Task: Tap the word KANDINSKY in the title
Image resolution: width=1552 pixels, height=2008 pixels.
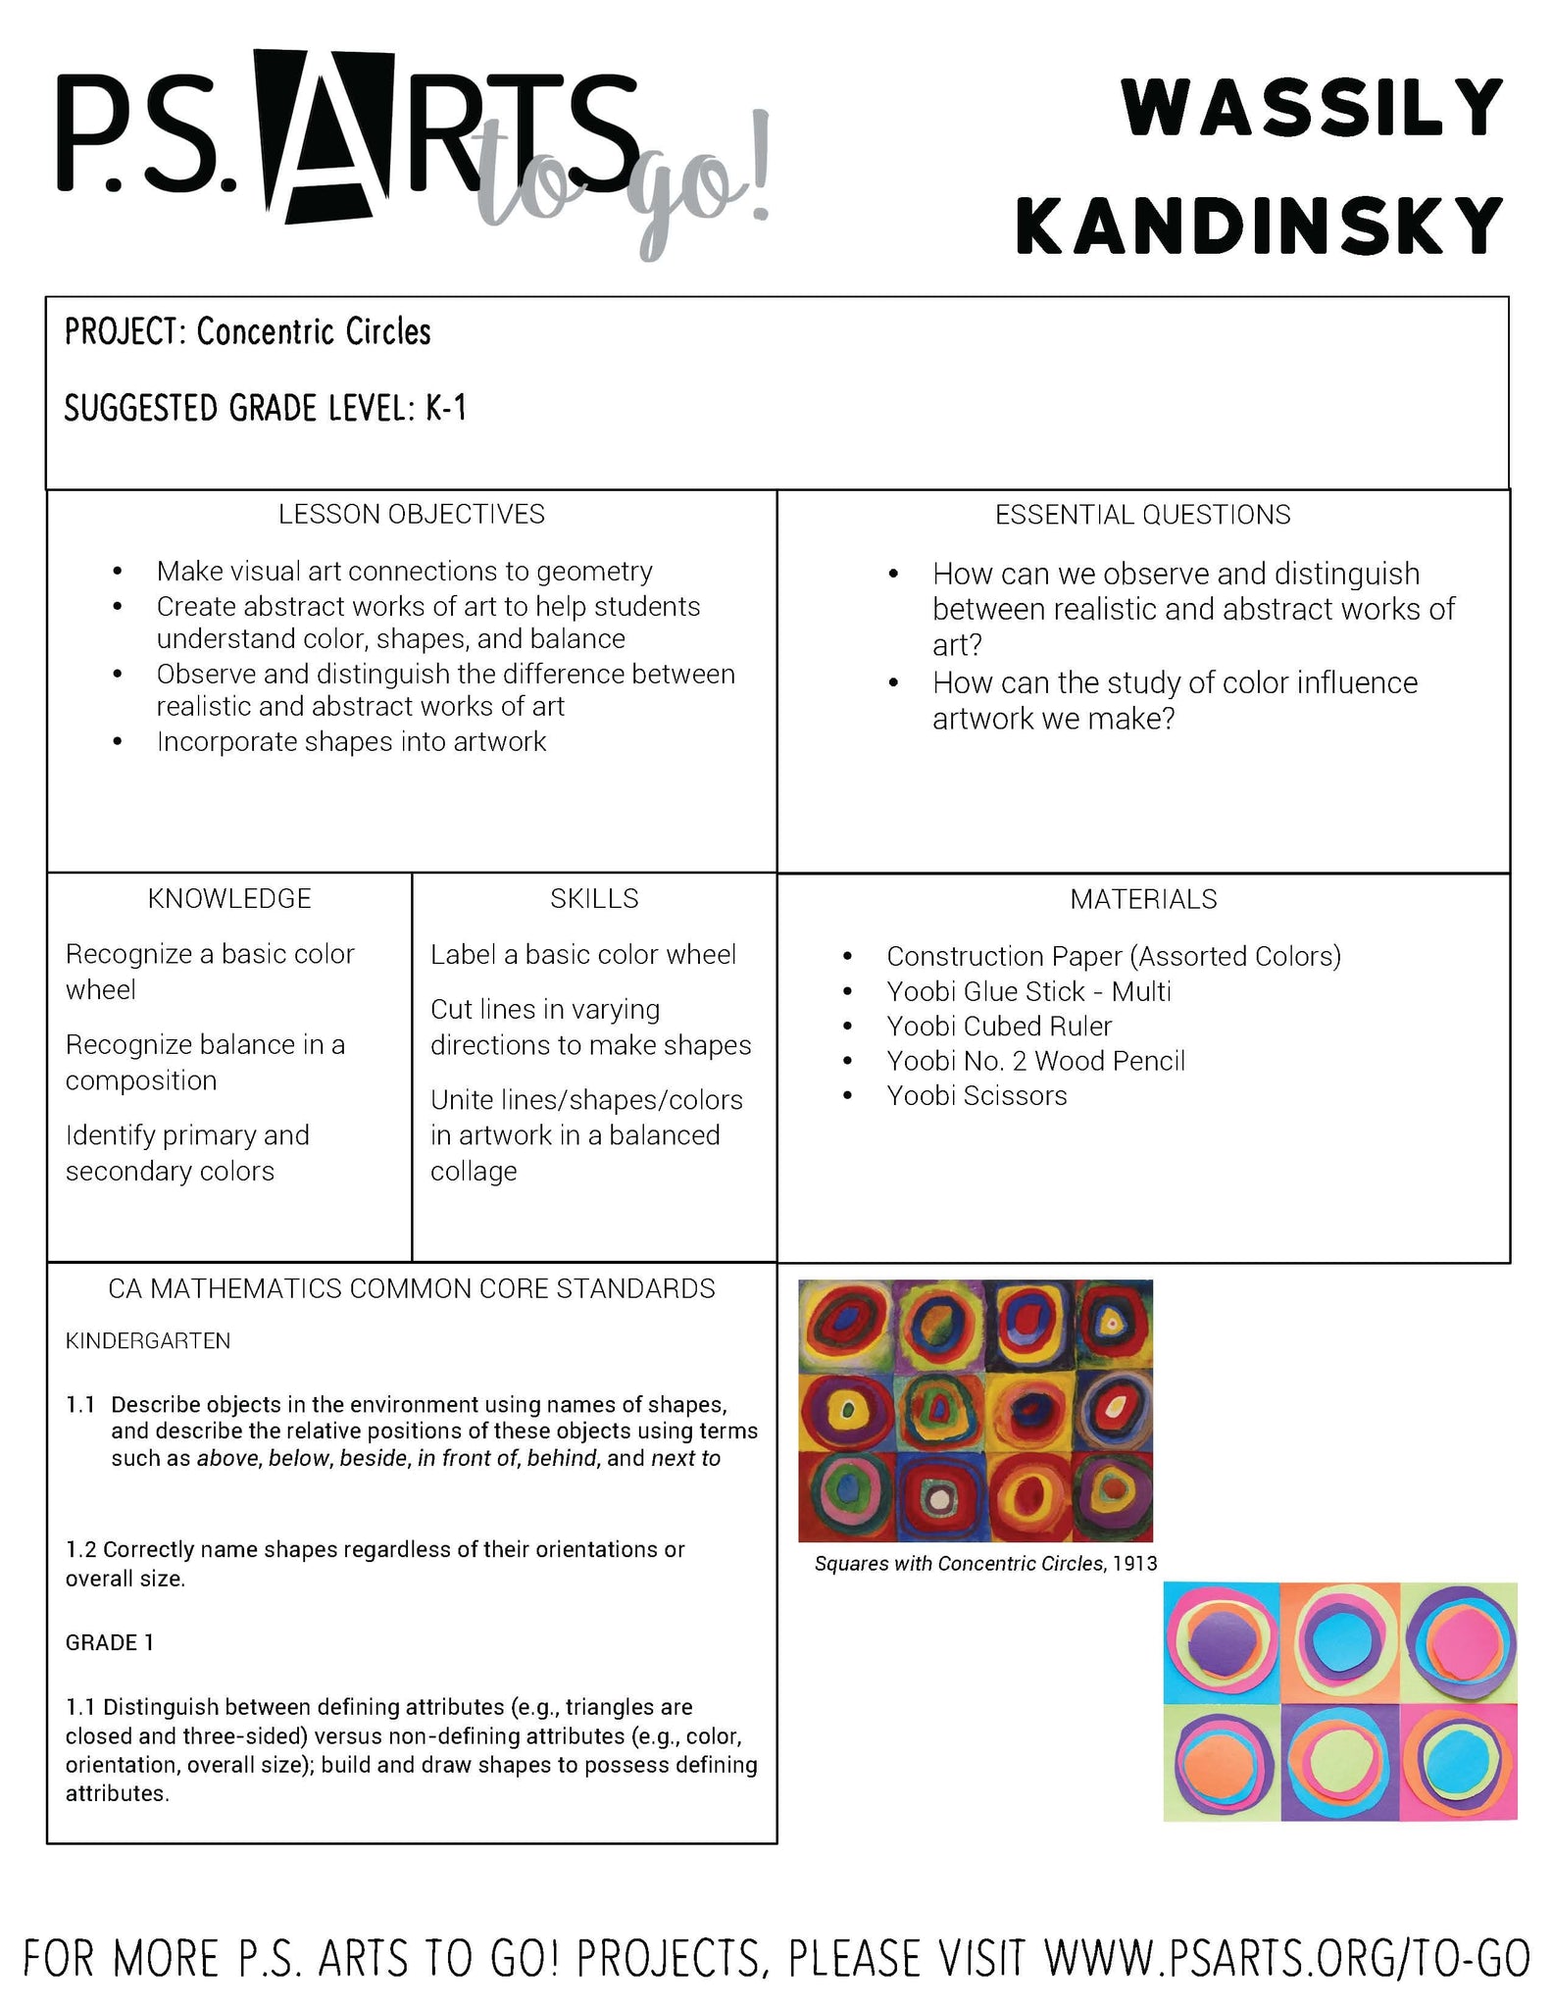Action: pyautogui.click(x=1259, y=226)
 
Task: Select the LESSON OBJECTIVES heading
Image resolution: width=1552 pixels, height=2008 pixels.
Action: pyautogui.click(x=412, y=515)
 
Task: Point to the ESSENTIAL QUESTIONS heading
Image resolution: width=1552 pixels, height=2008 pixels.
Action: pyautogui.click(x=1142, y=515)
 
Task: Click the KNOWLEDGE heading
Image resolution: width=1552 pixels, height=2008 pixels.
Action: pyautogui.click(x=229, y=899)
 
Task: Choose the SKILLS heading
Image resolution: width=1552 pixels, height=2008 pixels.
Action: pyautogui.click(x=594, y=899)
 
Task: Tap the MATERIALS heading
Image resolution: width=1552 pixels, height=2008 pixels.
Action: pyautogui.click(x=1143, y=899)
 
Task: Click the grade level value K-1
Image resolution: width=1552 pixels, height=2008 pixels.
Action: pyautogui.click(x=446, y=408)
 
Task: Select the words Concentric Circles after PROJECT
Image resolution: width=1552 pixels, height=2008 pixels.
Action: pyautogui.click(x=314, y=332)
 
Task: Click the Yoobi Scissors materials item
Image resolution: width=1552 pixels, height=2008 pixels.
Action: pyautogui.click(x=976, y=1096)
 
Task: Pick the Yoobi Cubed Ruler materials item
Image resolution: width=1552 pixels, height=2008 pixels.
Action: pyautogui.click(x=999, y=1027)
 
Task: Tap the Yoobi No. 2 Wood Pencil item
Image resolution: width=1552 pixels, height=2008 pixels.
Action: pyautogui.click(x=1035, y=1061)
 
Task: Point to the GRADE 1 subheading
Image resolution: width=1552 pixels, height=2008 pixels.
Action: pyautogui.click(x=110, y=1642)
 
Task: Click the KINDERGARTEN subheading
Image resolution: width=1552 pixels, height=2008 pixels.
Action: pyautogui.click(x=148, y=1341)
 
